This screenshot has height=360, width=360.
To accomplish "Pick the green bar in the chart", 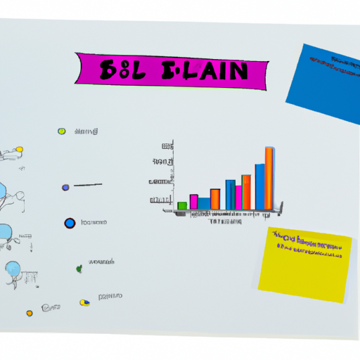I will pos(182,205).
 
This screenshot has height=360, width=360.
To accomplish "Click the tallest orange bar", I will pos(269,179).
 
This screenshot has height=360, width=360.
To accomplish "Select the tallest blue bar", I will pos(259,186).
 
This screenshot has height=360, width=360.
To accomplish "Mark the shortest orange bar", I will pos(215,199).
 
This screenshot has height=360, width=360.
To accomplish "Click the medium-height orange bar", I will pos(246,192).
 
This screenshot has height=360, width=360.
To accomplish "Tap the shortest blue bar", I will pos(204,203).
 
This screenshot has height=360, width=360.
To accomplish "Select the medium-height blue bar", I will pos(230,195).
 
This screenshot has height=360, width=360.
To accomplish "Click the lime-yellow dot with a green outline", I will pos(62,131).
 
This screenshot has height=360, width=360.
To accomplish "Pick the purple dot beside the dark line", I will pos(65,187).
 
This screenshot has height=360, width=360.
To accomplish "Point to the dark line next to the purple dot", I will pos(88,186).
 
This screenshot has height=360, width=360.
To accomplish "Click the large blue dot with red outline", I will pos(70,223).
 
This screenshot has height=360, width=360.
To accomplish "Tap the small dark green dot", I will pos(79,268).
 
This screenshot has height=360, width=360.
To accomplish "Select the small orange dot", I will pos(30,313).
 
